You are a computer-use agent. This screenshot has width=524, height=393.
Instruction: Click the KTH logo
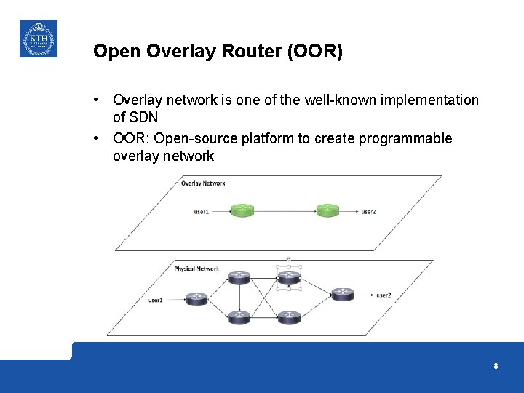coord(38,39)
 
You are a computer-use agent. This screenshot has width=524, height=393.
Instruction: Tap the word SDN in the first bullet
coord(144,117)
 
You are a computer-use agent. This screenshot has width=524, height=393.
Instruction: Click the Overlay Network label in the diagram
coord(203,183)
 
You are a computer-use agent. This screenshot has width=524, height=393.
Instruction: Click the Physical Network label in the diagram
coord(196,269)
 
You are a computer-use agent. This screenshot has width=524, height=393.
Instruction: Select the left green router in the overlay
coord(243,210)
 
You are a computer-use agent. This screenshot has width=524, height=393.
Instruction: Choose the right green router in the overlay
coord(327,210)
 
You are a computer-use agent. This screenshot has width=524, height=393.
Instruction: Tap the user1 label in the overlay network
coord(202,211)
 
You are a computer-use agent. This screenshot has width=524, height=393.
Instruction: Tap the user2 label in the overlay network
coord(369,211)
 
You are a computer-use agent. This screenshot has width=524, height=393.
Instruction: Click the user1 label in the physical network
coord(156,300)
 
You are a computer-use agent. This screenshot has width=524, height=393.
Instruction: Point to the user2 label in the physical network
coord(384,295)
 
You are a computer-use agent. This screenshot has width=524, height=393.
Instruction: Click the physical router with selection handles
coord(289,277)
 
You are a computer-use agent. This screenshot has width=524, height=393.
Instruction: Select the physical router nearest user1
coord(196,298)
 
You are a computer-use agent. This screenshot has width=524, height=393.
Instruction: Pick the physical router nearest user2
coord(342,294)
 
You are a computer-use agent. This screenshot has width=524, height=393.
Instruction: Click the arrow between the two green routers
coord(285,211)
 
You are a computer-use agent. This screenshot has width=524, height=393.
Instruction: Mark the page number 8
coord(496,366)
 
